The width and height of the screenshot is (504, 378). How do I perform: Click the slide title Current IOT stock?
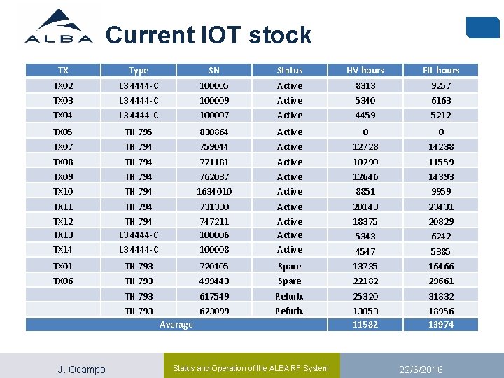(x=208, y=35)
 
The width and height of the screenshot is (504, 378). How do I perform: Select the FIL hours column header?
(x=440, y=70)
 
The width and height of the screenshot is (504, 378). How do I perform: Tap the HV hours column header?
(x=365, y=70)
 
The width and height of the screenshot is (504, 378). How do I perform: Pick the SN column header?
(x=213, y=70)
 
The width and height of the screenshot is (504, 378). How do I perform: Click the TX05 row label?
(x=63, y=132)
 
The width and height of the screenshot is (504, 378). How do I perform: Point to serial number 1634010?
(x=213, y=191)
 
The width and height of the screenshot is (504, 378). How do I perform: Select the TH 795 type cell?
(x=138, y=132)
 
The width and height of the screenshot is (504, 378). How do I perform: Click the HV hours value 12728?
(x=365, y=146)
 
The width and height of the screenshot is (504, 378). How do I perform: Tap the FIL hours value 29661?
(x=440, y=281)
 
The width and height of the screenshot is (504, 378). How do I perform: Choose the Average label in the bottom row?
(x=176, y=325)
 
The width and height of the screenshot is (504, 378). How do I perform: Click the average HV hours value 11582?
(x=365, y=325)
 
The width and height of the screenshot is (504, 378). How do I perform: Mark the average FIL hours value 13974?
(x=440, y=325)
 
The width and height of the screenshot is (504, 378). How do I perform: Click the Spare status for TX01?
(x=289, y=266)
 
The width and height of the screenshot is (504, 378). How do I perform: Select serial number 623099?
(x=213, y=311)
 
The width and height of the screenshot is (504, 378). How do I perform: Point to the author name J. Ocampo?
(x=81, y=370)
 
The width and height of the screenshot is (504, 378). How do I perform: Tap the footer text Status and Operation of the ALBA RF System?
(x=250, y=368)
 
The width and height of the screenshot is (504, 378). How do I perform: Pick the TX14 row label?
(x=63, y=250)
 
